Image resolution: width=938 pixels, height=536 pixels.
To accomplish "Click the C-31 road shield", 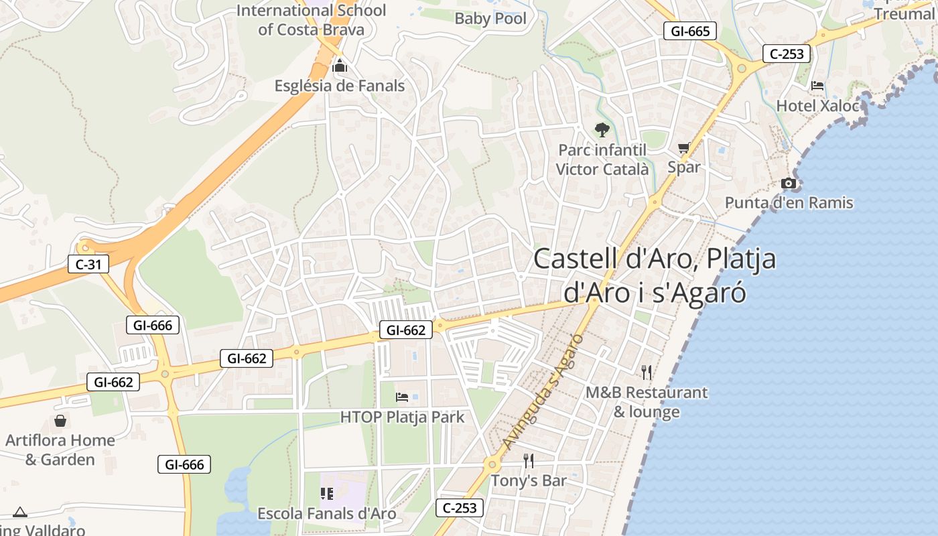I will (88, 265).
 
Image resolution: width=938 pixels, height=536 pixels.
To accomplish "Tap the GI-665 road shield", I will (690, 31).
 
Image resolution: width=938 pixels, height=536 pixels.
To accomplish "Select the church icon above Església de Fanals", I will (340, 66).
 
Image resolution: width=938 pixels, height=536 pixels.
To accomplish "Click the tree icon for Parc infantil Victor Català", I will (602, 130).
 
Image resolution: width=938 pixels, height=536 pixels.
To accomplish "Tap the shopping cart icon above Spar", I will (683, 147).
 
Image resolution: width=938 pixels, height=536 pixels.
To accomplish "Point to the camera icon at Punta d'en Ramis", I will (789, 183).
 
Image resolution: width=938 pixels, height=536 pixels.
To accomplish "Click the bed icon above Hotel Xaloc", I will (817, 86).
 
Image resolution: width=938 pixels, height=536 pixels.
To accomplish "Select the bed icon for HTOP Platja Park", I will (402, 397).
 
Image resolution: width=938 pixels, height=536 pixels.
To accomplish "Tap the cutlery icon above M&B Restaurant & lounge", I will (647, 372).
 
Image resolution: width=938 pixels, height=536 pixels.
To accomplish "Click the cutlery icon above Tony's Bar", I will (529, 460).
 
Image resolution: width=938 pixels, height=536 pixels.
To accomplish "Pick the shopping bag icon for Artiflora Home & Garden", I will (60, 421).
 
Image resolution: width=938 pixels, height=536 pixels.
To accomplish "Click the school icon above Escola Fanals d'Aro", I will (327, 494).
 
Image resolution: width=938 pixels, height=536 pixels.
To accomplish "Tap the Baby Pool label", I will (490, 18).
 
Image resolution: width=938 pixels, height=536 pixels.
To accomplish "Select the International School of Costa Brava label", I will (312, 20).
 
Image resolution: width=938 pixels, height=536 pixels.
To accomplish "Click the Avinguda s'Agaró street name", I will (543, 392).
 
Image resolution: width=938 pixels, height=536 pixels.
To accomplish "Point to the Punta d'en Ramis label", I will (789, 202).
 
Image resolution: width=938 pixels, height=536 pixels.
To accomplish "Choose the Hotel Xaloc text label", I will (817, 106).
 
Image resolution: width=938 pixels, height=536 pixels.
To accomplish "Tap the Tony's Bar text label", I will (529, 480).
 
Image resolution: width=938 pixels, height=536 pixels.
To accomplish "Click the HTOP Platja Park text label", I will (402, 417).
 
